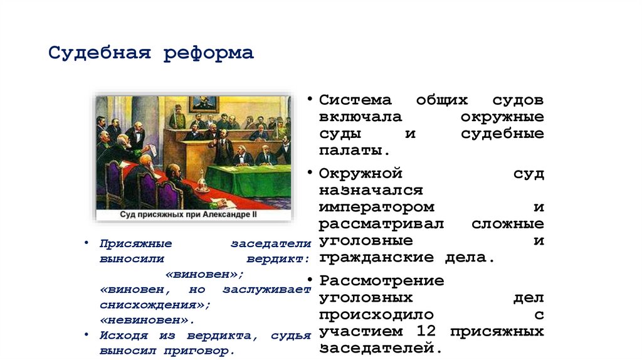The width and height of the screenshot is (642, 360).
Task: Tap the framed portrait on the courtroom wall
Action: click(203, 104)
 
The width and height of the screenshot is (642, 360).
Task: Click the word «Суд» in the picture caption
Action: click(129, 214)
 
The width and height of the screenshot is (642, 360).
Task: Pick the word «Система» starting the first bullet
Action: click(355, 100)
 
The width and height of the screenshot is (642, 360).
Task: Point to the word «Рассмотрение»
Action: click(381, 280)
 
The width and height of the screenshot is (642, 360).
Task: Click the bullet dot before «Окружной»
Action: click(310, 171)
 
